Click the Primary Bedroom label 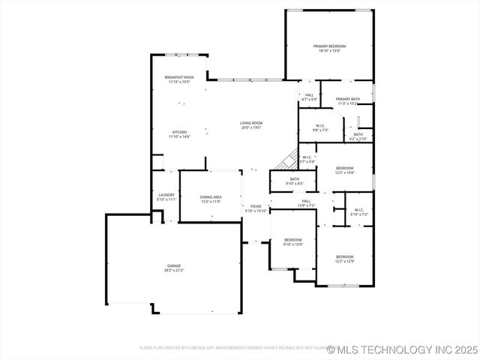(328, 46)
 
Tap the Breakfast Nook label (179, 77)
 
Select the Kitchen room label (179, 132)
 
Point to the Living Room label (251, 123)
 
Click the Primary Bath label (347, 100)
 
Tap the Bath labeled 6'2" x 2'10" (358, 135)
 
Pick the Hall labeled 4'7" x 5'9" (309, 95)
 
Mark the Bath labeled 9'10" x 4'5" (295, 179)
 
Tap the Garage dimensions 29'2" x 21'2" (175, 270)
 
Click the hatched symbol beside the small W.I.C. (285, 160)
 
